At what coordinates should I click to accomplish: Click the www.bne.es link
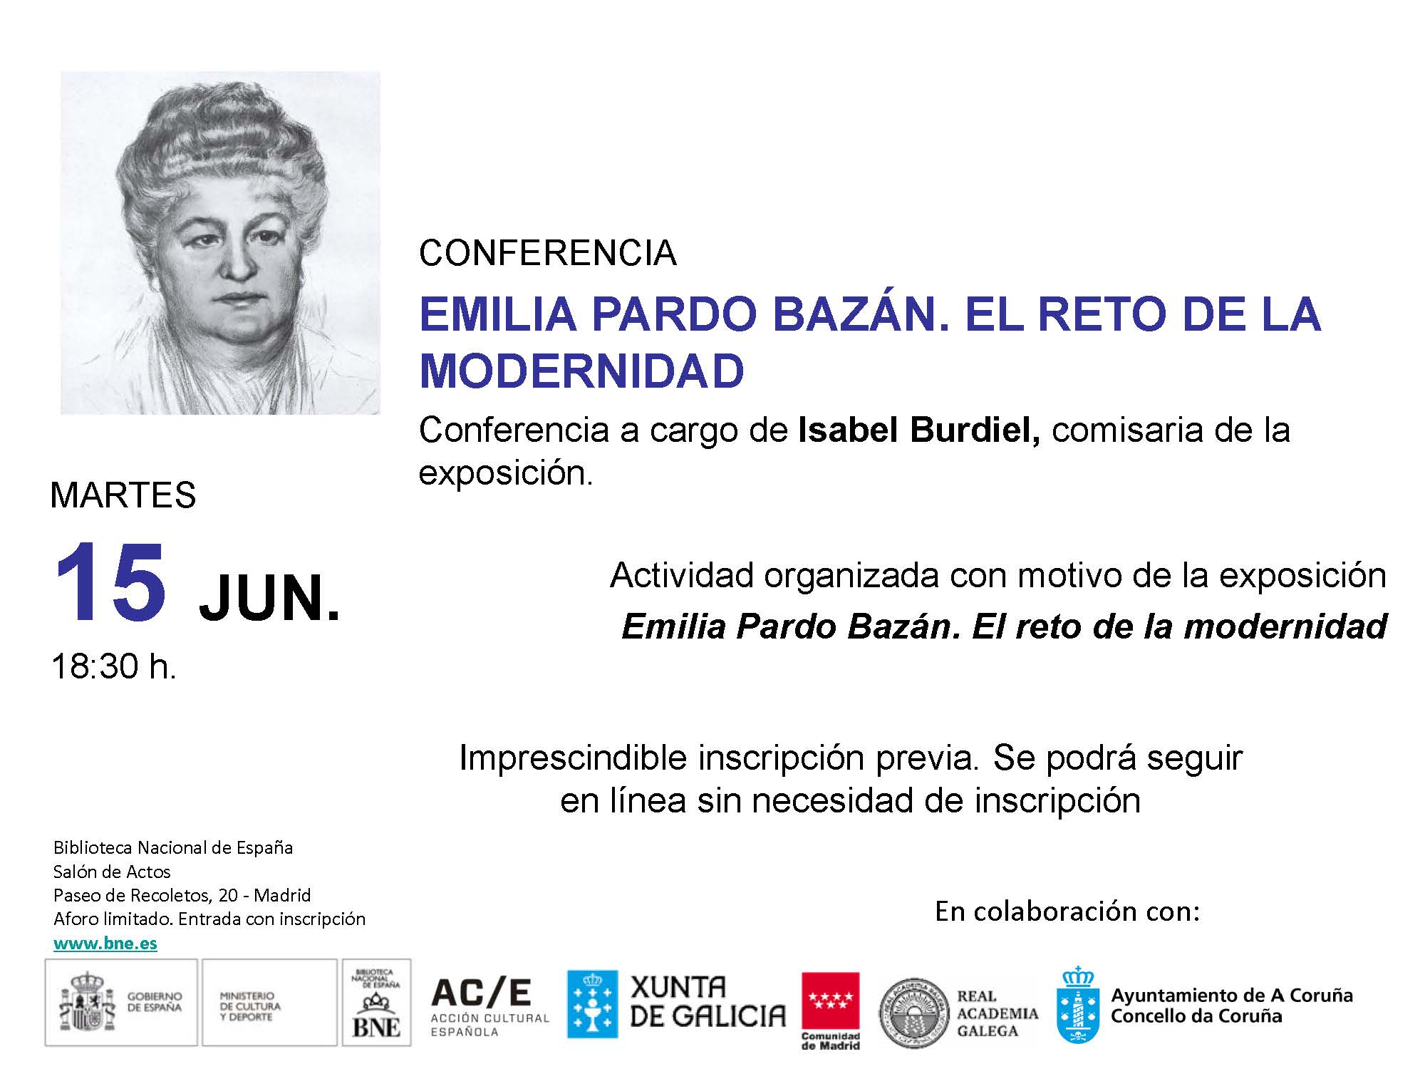click(105, 944)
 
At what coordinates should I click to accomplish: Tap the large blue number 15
click(110, 583)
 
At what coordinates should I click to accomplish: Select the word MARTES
click(123, 495)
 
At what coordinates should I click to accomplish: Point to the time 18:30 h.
click(114, 666)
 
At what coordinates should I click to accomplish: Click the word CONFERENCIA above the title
click(548, 253)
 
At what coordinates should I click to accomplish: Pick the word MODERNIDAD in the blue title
click(582, 371)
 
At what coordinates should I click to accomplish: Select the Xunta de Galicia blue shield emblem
click(592, 1004)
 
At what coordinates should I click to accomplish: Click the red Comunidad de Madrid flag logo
click(830, 1011)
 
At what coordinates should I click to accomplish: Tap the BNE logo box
click(377, 1002)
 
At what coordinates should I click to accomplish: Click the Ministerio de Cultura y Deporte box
click(269, 1002)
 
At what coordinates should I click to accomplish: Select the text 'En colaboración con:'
click(1067, 911)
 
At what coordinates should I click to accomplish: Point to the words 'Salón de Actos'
click(112, 872)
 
